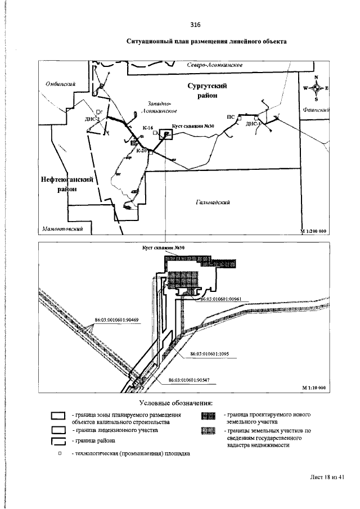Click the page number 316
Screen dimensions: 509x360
click(195, 25)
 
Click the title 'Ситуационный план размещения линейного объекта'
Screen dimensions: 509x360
click(206, 42)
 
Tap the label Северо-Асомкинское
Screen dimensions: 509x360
click(214, 65)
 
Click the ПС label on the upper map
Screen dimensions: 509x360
click(230, 116)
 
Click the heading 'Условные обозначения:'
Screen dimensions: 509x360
click(175, 403)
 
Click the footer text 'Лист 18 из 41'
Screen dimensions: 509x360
click(326, 477)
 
